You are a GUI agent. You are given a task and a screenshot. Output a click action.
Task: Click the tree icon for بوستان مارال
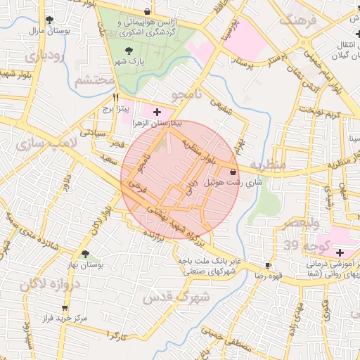click(49, 20)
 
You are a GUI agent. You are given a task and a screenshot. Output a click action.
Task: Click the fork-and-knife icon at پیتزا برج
click(116, 98)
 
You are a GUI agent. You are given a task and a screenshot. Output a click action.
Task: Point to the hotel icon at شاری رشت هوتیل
click(233, 171)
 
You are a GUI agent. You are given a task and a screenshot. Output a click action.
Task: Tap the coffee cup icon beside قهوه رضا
click(268, 265)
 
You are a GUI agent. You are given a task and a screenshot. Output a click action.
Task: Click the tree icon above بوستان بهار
click(85, 254)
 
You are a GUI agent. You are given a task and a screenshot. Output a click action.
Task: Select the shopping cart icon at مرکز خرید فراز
click(65, 307)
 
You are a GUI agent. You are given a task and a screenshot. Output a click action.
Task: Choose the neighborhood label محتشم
click(94, 81)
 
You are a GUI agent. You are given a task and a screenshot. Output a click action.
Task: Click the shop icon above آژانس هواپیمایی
click(147, 11)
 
